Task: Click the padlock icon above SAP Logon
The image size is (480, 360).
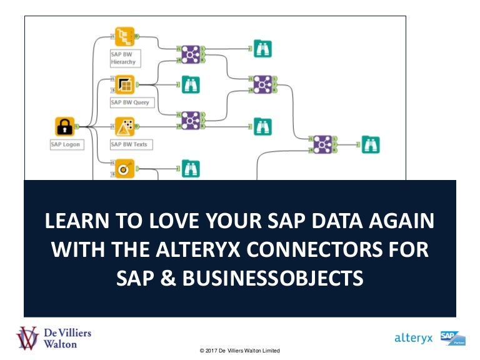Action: pos(64,127)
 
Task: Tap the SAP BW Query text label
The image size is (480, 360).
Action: pos(130,102)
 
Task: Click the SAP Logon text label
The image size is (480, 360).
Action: pos(66,144)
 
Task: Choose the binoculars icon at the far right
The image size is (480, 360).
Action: pos(371,144)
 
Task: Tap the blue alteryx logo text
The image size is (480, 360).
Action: pos(414,338)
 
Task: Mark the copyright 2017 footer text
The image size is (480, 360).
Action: pos(239,351)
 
